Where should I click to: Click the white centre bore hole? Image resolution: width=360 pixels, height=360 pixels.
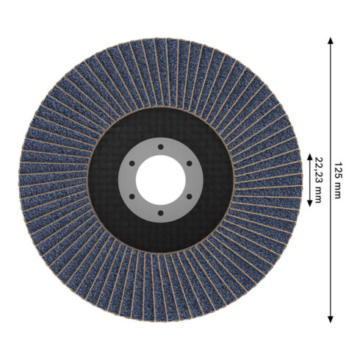tap(161, 180)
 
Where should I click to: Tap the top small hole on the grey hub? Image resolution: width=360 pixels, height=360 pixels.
tap(161, 147)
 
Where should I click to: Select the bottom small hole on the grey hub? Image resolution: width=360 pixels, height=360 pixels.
tap(161, 213)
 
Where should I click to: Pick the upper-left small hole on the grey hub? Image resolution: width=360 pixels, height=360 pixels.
tap(132, 163)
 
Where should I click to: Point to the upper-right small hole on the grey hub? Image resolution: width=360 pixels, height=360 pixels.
tap(189, 163)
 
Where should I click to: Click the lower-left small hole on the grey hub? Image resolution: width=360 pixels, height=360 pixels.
tap(132, 196)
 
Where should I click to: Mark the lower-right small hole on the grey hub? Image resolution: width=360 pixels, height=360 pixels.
tap(189, 196)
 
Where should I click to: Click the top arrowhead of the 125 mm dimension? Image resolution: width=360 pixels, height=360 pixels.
tap(331, 40)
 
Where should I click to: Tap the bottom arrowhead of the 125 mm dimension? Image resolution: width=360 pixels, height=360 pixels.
tap(331, 320)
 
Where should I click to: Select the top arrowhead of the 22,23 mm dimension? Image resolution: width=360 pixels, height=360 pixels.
tap(309, 156)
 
